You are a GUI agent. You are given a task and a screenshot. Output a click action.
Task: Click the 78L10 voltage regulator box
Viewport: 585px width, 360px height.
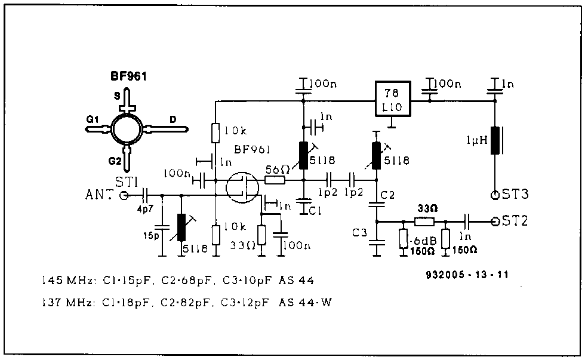point(393,99)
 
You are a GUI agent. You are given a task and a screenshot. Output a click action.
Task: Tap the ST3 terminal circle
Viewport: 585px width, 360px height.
point(495,195)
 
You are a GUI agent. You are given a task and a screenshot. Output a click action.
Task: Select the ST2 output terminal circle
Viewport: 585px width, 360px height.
point(495,222)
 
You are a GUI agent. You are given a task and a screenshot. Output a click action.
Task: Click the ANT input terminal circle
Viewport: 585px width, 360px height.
point(124,195)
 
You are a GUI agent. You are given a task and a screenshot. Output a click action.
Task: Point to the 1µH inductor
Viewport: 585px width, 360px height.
point(495,140)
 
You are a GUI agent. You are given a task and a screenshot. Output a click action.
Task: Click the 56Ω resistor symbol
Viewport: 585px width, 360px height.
point(275,180)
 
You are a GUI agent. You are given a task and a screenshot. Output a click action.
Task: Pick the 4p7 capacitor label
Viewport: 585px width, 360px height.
point(144,209)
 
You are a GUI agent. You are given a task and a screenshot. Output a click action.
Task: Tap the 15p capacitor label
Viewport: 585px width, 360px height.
point(151,236)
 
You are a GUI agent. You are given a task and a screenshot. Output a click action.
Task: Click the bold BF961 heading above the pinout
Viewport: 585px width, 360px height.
point(128,76)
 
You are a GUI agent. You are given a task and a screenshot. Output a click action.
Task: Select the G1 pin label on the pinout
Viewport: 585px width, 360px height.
point(92,119)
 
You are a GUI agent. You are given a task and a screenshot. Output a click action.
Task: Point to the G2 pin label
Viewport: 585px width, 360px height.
point(115,161)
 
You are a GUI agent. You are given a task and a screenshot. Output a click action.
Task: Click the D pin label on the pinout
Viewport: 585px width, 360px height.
point(173,119)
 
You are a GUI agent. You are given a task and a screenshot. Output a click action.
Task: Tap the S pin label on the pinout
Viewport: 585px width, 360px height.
point(117,96)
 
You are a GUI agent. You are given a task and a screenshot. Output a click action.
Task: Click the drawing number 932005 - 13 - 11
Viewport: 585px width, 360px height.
point(467,275)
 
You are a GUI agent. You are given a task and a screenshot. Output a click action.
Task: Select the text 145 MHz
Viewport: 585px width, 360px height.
point(67,281)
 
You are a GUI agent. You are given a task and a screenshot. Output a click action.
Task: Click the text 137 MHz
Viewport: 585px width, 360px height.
point(67,302)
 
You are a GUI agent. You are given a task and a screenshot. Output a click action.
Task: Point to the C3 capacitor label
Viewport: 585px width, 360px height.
point(359,233)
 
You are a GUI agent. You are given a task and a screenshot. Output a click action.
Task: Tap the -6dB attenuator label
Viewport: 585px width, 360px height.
point(423,241)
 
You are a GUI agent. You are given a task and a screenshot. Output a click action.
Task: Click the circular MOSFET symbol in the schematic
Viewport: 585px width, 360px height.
point(242,187)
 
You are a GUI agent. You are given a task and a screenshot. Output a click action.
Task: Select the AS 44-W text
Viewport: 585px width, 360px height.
point(305,302)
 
